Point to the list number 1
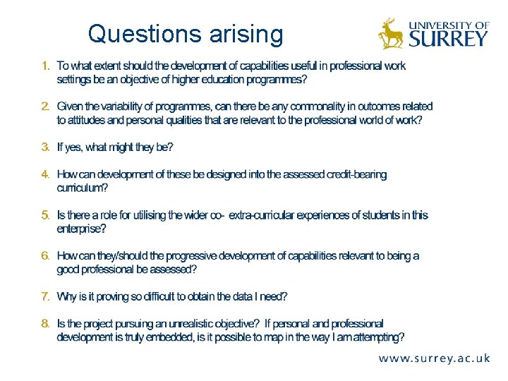point(45,66)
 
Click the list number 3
point(45,147)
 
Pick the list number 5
point(45,214)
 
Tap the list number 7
point(45,296)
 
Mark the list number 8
point(45,323)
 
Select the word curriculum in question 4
point(82,188)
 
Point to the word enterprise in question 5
point(80,229)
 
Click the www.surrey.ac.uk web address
point(434,358)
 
